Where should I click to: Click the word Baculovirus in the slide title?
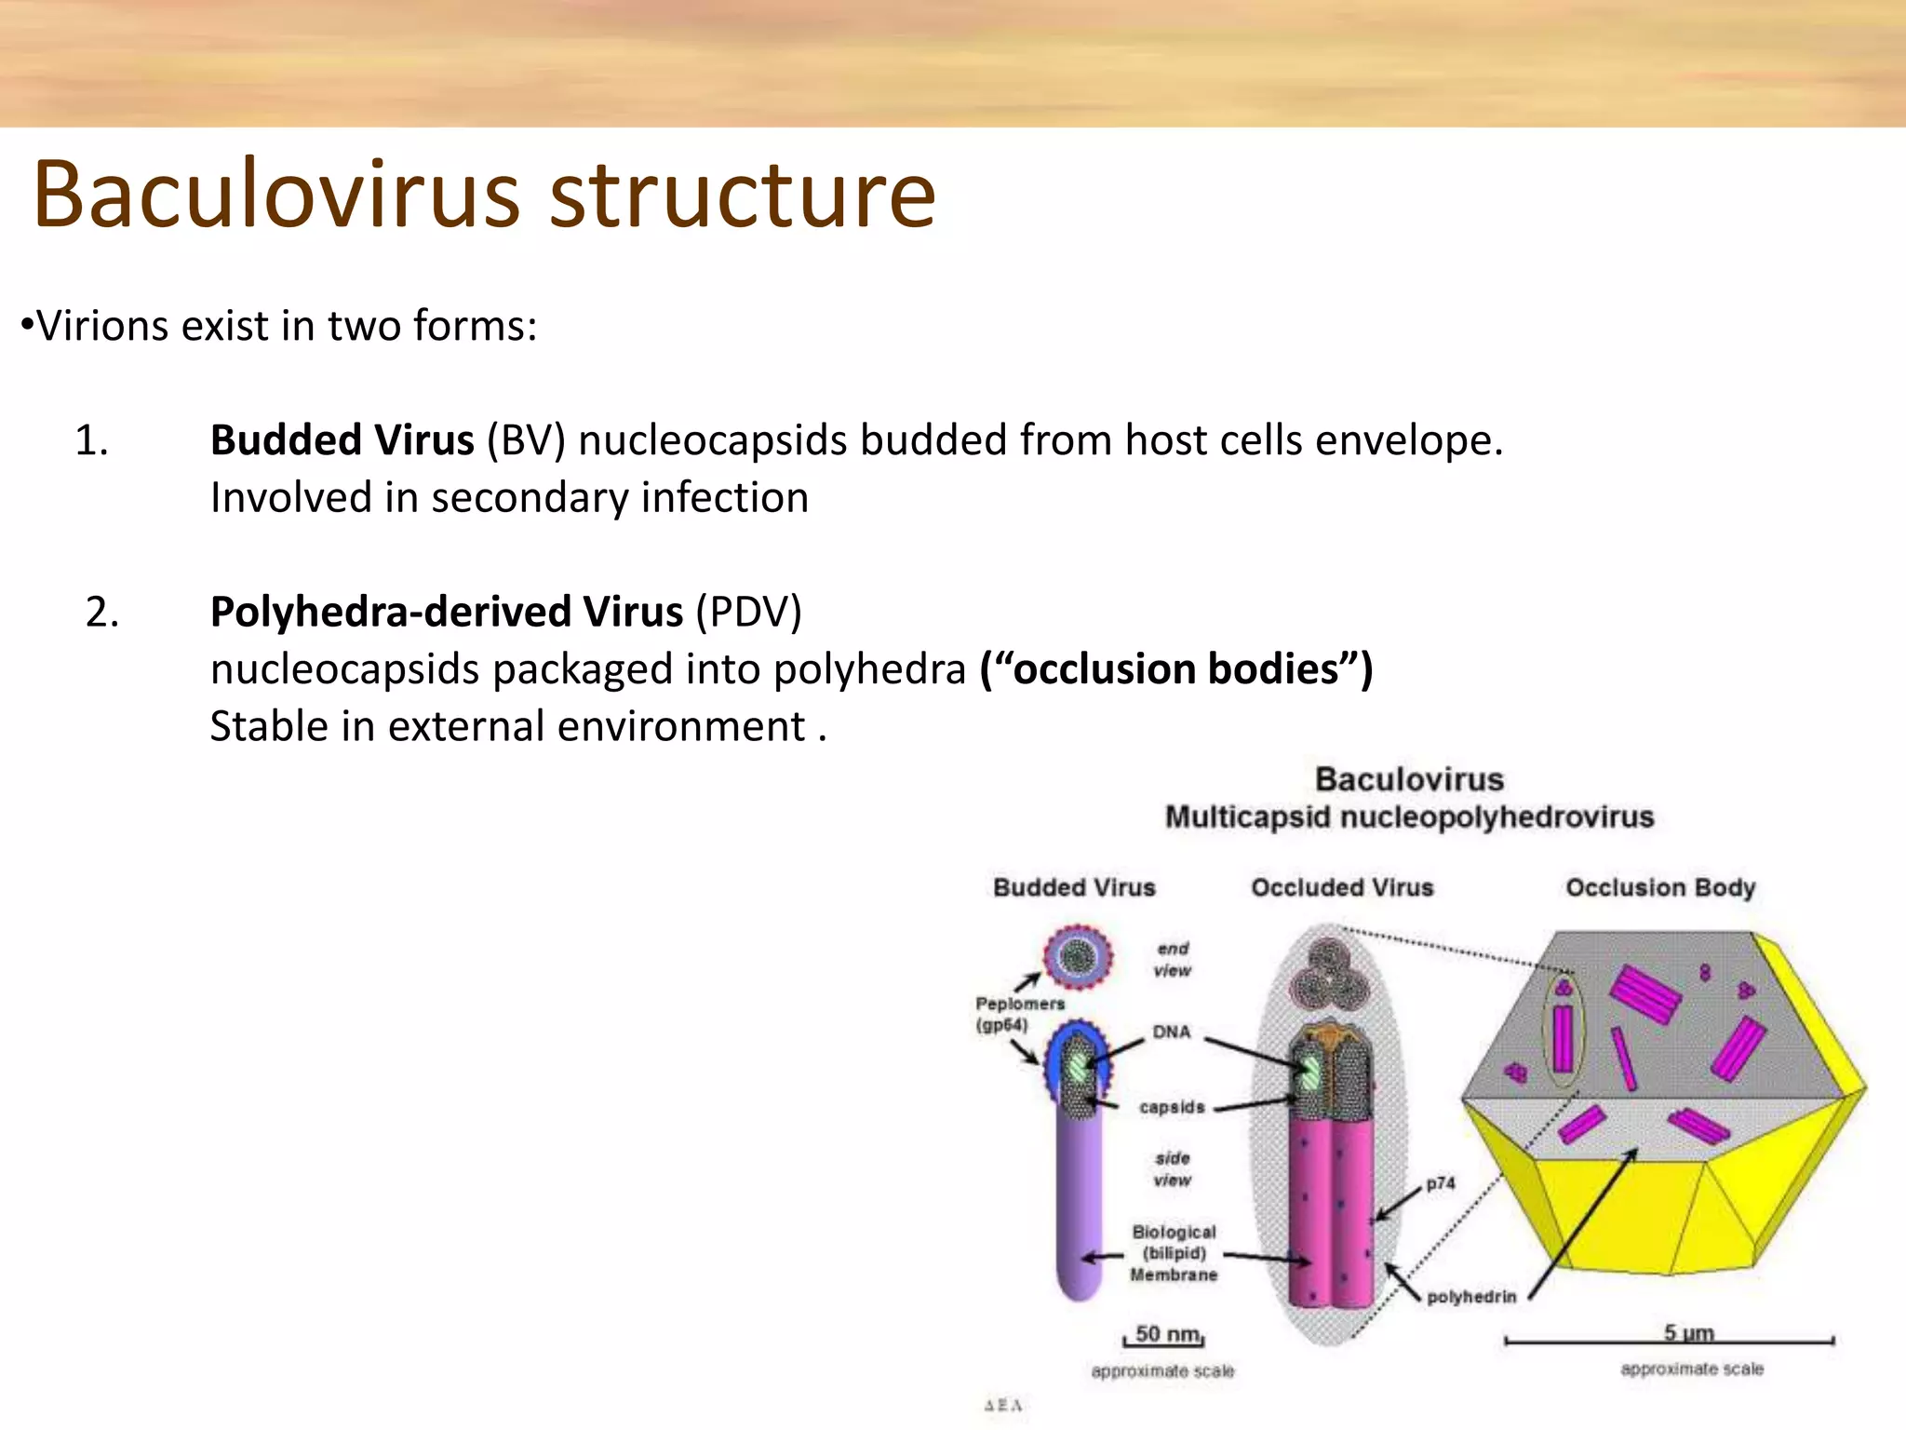pyautogui.click(x=275, y=195)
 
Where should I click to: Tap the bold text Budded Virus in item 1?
pyautogui.click(x=342, y=440)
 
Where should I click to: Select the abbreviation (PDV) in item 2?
pyautogui.click(x=748, y=613)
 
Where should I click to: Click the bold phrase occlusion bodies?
pyautogui.click(x=1175, y=669)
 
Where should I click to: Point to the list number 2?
pyautogui.click(x=101, y=613)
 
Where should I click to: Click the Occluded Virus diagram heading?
pyautogui.click(x=1341, y=887)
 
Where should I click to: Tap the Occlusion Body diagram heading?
pyautogui.click(x=1660, y=887)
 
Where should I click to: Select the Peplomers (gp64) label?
pyautogui.click(x=1018, y=1014)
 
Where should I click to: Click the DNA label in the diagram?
pyautogui.click(x=1171, y=1032)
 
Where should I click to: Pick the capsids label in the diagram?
pyautogui.click(x=1171, y=1107)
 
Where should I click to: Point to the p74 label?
pyautogui.click(x=1440, y=1183)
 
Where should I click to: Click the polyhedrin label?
pyautogui.click(x=1470, y=1297)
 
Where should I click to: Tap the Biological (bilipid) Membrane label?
pyautogui.click(x=1173, y=1253)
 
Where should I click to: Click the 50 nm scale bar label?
pyautogui.click(x=1167, y=1334)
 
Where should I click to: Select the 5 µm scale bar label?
pyautogui.click(x=1688, y=1332)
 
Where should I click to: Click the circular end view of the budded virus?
pyautogui.click(x=1078, y=956)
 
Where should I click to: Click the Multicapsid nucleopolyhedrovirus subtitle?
pyautogui.click(x=1409, y=817)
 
